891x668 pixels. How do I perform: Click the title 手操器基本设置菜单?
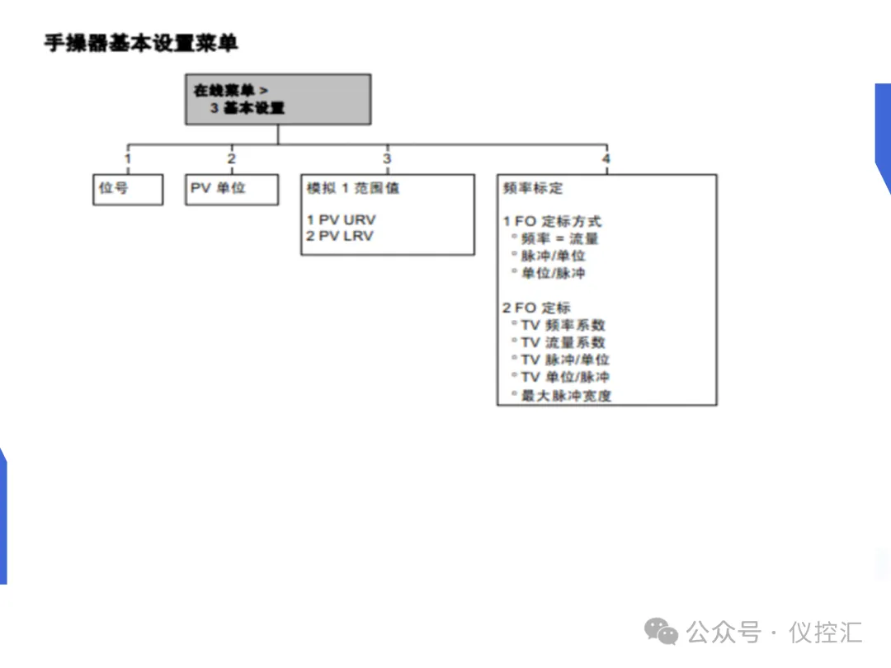pos(141,43)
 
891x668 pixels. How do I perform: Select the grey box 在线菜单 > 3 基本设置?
pos(278,99)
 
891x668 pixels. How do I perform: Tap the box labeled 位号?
pos(127,189)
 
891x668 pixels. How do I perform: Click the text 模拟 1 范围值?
pos(352,189)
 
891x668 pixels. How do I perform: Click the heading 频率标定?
pos(533,189)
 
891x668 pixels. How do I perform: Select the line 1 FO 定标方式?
pos(552,222)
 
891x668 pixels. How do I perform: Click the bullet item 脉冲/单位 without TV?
pos(553,256)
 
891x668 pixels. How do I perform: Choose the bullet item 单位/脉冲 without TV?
pos(553,274)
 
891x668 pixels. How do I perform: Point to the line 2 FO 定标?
pos(536,308)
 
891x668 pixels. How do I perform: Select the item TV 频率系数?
pos(563,326)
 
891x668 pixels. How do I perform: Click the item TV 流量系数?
pos(563,343)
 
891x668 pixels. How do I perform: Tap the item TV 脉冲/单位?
pos(565,360)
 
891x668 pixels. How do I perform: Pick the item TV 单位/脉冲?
pos(565,378)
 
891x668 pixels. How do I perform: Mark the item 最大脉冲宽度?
pos(566,396)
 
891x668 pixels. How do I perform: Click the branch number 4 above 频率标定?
pos(606,159)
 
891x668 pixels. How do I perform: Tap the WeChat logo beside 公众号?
pos(662,633)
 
